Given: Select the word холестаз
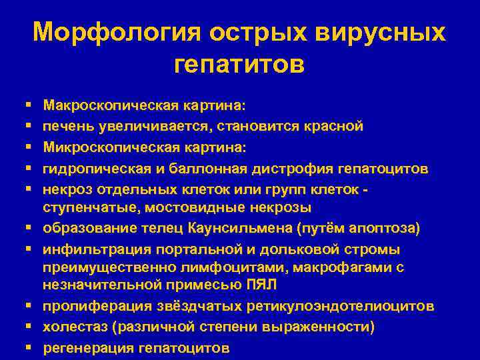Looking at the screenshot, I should [72, 327].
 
